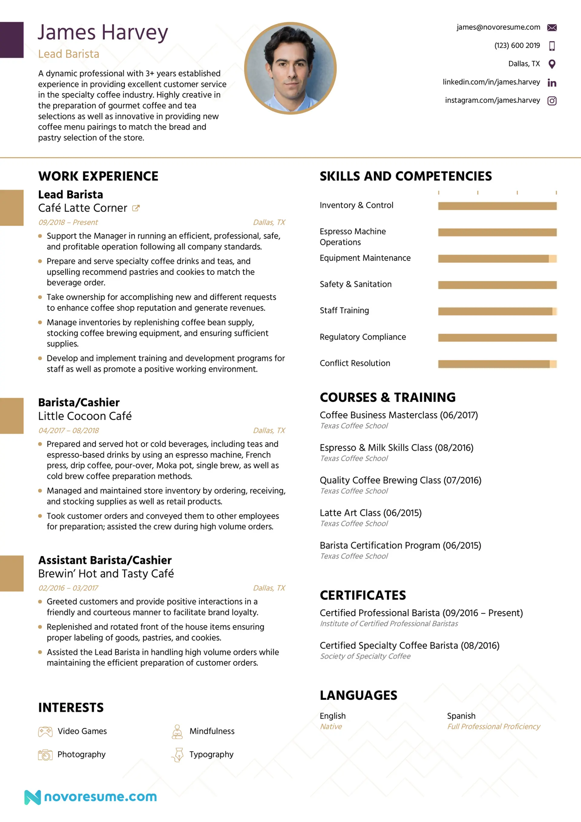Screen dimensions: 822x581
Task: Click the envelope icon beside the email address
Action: tap(552, 28)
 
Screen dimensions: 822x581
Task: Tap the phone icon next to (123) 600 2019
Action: tap(552, 46)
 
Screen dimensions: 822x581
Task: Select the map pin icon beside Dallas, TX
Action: tap(552, 64)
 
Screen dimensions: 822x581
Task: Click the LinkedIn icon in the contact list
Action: tap(552, 83)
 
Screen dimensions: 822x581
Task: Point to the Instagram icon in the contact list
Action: tap(552, 101)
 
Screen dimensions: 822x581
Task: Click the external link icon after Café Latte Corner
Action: tap(136, 208)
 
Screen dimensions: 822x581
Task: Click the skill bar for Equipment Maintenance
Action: tap(497, 258)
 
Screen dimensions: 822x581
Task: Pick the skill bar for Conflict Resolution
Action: tap(497, 364)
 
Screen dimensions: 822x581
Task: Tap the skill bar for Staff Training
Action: tap(497, 311)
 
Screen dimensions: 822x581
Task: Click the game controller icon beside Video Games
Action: tap(45, 732)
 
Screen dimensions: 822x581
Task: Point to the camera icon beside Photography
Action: tap(45, 755)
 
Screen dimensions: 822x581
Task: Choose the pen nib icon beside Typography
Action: tap(178, 755)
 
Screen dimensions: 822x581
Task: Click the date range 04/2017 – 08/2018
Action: tap(69, 430)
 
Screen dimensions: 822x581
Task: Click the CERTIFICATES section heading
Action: tap(363, 595)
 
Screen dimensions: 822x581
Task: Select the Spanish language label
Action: tap(461, 716)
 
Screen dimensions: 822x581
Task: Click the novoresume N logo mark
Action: tap(33, 797)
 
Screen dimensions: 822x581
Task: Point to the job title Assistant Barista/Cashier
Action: tap(105, 560)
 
